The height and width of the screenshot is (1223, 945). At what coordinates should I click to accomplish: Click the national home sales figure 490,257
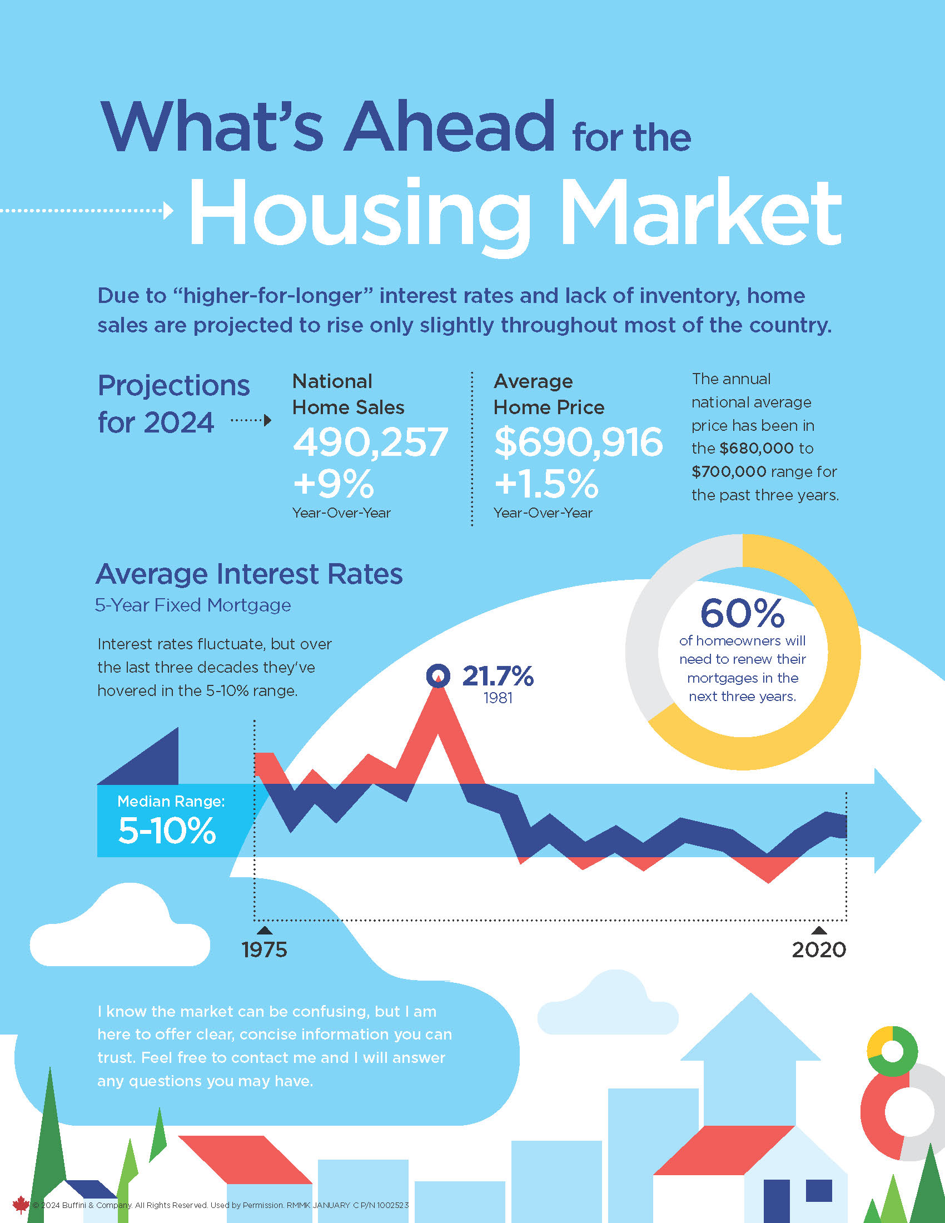click(x=370, y=443)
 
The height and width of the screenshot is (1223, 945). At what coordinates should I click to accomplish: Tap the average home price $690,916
click(x=578, y=443)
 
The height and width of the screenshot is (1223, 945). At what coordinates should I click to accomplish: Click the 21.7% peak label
click(x=498, y=676)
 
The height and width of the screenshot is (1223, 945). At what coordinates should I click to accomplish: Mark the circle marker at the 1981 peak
click(x=438, y=676)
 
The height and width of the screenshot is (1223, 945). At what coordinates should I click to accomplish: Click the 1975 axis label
click(x=264, y=949)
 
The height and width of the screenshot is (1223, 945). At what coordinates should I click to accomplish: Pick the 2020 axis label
click(x=818, y=949)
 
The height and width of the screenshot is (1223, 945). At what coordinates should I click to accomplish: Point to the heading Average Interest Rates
click(x=249, y=574)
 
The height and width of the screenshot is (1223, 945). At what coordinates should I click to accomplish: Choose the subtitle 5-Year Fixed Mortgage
click(x=192, y=605)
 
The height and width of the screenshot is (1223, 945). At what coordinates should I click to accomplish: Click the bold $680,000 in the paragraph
click(x=757, y=449)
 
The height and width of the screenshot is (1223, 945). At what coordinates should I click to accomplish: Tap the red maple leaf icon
click(x=21, y=1205)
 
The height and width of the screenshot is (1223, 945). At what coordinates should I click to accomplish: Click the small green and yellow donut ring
click(x=892, y=1051)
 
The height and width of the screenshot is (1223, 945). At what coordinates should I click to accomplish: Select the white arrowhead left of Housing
click(x=168, y=211)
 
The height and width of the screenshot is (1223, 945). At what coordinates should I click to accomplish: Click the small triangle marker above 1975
click(x=264, y=930)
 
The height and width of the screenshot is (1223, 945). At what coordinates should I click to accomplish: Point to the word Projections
click(x=173, y=386)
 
